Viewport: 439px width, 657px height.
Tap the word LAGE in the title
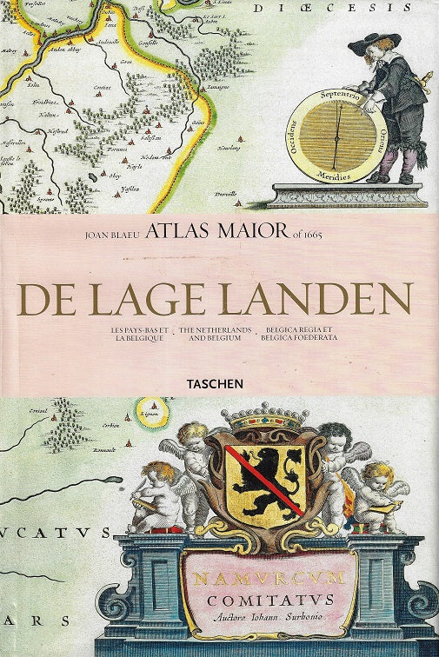(147, 298)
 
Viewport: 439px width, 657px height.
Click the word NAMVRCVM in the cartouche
(269, 576)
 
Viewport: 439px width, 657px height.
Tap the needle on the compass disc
(335, 135)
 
